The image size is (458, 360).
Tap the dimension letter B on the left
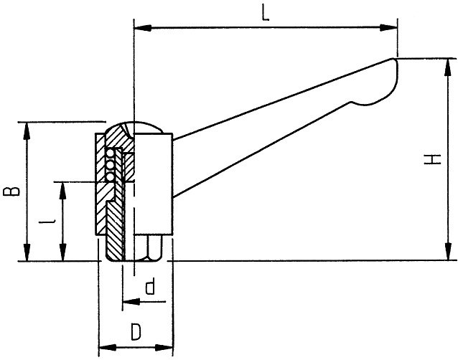11,191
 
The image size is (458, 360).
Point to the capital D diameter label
136,331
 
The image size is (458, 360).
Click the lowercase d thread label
150,286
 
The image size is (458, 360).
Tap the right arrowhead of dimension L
388,28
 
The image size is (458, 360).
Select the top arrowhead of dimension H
447,67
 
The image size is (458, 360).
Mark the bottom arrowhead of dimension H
447,251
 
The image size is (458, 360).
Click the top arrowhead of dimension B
27,131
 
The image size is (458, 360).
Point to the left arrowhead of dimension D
108,348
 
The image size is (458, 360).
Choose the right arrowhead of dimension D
164,348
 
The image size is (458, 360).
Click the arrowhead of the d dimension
131,301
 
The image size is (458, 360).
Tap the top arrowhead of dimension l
62,191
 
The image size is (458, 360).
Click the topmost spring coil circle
110,153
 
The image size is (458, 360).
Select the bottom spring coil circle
110,177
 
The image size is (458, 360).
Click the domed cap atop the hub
134,127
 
